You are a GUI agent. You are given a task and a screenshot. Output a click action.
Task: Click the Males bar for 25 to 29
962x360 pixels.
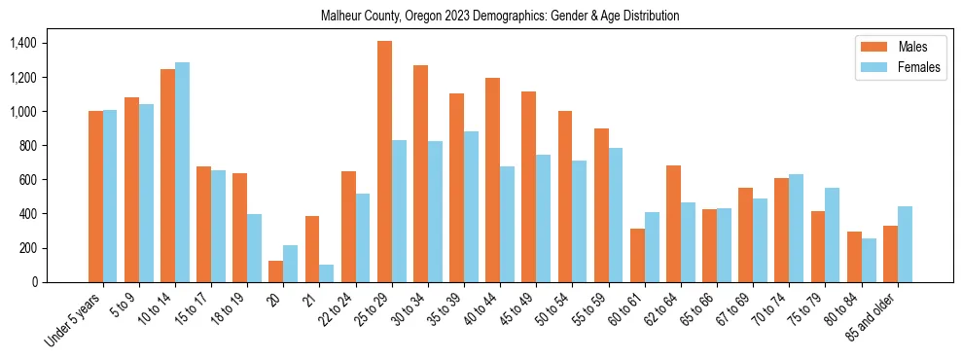click(x=384, y=162)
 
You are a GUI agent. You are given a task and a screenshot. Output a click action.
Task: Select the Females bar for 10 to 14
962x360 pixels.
click(x=182, y=172)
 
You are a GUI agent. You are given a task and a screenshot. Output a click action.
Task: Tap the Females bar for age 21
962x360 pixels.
click(x=326, y=273)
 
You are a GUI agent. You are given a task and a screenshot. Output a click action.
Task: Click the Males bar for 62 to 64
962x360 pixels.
click(x=673, y=224)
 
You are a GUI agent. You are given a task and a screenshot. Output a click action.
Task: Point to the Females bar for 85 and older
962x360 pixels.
click(x=904, y=244)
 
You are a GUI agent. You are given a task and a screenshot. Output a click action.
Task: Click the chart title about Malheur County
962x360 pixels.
click(x=500, y=16)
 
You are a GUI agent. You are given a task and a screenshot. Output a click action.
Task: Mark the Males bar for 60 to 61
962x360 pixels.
click(x=637, y=255)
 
